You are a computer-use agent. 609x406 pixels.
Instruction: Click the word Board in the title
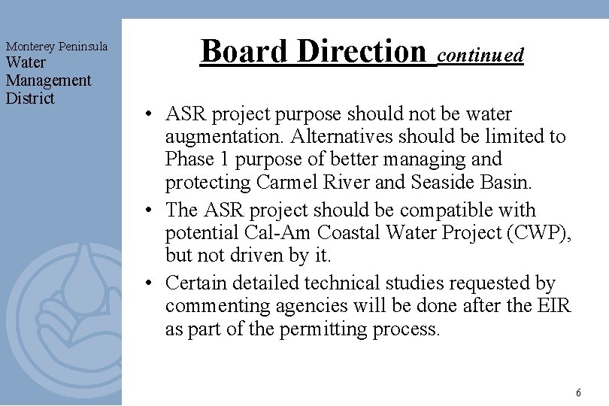coord(245,51)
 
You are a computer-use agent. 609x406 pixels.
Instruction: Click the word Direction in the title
coord(361,51)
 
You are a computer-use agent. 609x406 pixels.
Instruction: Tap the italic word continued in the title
coord(480,55)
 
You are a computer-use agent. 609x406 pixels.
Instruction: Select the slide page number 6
coord(578,393)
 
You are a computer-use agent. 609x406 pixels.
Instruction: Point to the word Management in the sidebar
coord(48,80)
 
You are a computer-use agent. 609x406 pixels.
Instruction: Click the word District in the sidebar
coord(29,98)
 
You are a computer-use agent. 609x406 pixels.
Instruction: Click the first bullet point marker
coord(151,114)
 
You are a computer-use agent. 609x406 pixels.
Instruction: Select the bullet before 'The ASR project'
coord(151,210)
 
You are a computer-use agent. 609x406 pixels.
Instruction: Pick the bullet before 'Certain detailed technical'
coord(151,283)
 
